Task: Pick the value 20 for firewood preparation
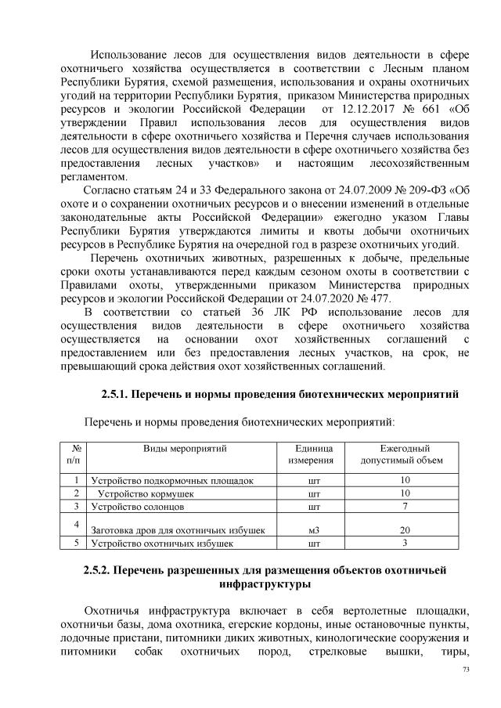(405, 530)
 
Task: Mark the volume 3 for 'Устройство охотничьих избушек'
(405, 543)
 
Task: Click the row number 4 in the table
(75, 523)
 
